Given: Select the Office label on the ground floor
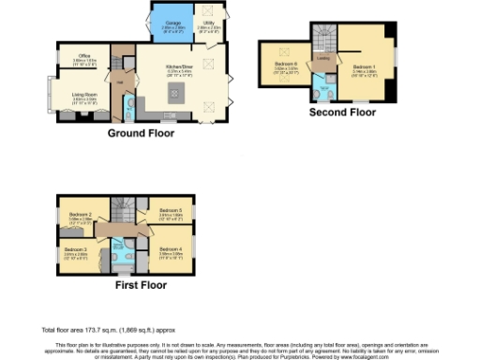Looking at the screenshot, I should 83,58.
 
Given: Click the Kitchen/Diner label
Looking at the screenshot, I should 178,67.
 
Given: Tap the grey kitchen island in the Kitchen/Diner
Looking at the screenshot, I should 174,92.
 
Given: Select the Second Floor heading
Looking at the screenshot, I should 344,112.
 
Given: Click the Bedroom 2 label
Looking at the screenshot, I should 78,215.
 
